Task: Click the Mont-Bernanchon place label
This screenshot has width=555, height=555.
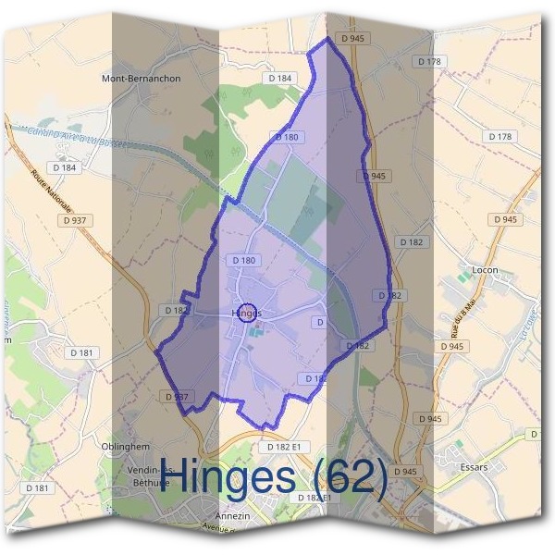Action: (x=141, y=79)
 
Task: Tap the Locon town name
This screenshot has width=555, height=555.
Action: (x=485, y=270)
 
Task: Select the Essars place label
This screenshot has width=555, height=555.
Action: (x=473, y=467)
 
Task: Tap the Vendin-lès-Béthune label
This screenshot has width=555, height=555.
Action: (x=148, y=475)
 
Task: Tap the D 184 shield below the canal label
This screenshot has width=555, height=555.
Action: (x=65, y=167)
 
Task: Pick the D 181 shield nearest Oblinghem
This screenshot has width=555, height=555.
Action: (x=38, y=487)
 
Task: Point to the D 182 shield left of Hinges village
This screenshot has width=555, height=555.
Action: (x=177, y=310)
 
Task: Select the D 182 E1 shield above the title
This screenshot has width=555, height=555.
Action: (x=284, y=446)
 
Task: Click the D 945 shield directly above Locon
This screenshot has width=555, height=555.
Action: (x=505, y=219)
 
